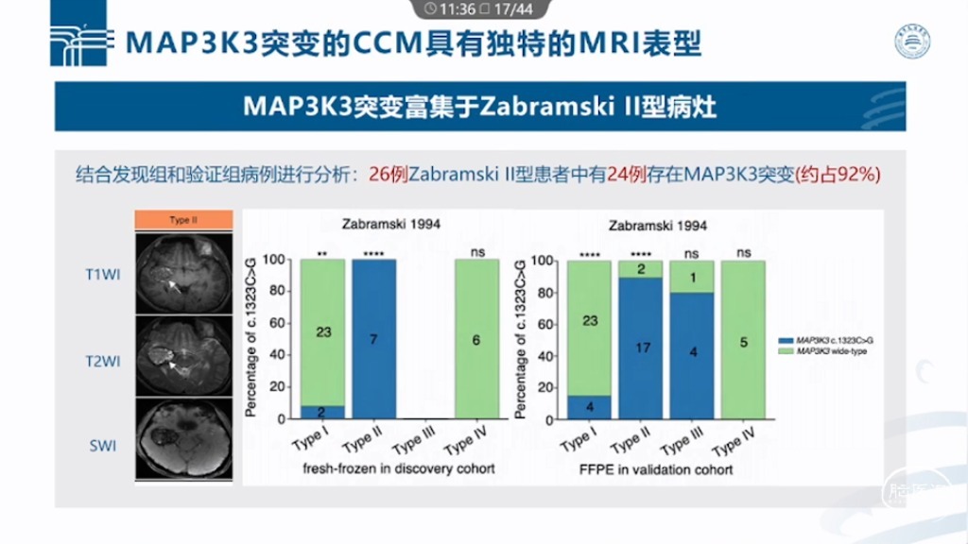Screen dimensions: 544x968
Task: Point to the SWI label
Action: [x=102, y=445]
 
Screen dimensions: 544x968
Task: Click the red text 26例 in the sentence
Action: [x=386, y=175]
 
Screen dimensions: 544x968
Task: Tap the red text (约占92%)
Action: [x=839, y=175]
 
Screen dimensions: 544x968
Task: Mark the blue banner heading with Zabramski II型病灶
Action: [x=479, y=106]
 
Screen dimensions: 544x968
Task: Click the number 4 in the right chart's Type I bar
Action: [x=588, y=406]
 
